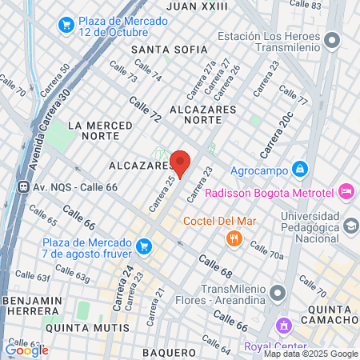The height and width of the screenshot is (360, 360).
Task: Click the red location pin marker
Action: pos(180,162)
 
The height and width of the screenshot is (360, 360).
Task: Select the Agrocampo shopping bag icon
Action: pos(299,169)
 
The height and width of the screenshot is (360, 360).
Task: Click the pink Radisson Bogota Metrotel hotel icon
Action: pos(346,191)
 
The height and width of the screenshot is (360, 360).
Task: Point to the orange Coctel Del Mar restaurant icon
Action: pos(234,238)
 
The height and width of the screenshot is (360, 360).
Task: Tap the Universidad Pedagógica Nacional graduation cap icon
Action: pos(350,227)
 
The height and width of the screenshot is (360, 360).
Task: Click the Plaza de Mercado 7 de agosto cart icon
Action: pos(144,246)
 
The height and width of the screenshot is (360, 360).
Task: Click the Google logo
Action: pos(26,350)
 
